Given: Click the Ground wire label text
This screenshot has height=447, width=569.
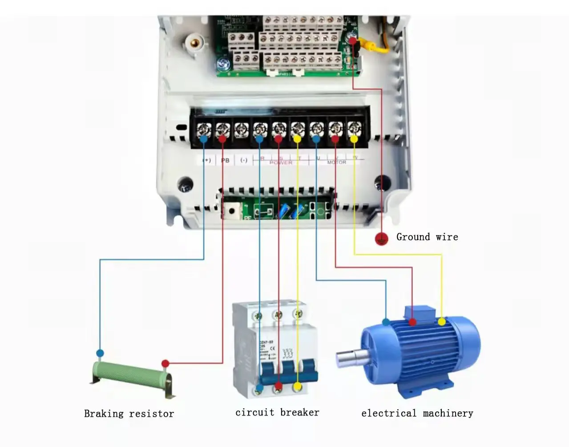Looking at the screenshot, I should coord(427,237).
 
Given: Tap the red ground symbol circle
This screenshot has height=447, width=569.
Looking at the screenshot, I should coord(381,239).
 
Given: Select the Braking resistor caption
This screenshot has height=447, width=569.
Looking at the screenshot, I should coord(129,414).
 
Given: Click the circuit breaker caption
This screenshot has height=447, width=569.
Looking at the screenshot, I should coord(277,412).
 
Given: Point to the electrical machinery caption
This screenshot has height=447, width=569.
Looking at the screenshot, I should coord(417,413).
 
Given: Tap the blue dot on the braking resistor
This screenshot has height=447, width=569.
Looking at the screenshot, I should coord(100,354).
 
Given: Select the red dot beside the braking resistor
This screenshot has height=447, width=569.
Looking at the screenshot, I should coord(165,363).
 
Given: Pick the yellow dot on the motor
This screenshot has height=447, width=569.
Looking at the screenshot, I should coord(441,321).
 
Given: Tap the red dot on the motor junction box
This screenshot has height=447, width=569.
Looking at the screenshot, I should coord(412,321).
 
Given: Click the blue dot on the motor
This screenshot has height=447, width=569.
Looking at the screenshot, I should coord(386,321).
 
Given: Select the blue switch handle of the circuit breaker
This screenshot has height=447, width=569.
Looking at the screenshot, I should coord(289,372).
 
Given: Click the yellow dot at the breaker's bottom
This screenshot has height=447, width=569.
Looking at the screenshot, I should coord(297,387).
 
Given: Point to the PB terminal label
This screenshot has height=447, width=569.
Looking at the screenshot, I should coord(226,160).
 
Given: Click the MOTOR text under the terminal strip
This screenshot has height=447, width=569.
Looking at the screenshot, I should coord(336,163).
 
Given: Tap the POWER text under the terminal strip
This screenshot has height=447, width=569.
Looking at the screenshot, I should coord(281,163).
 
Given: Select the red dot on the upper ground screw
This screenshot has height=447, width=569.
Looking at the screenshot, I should coord(353,41).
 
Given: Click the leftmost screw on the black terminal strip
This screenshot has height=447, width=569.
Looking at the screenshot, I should coord(204,130).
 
